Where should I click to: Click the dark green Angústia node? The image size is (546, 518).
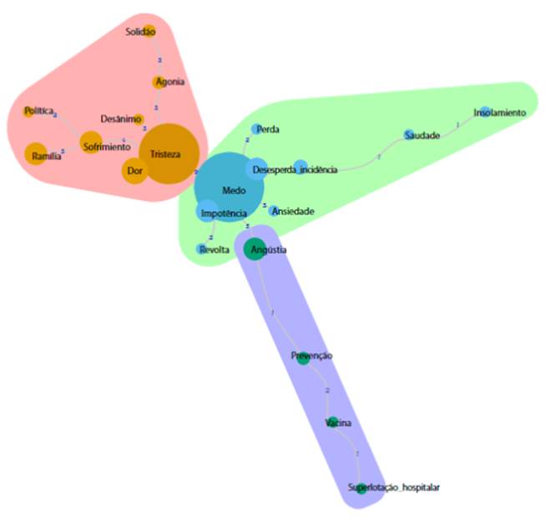(255, 250)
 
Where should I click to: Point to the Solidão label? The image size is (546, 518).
(140, 32)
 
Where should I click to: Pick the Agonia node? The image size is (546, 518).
(161, 82)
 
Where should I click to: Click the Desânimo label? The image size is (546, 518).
(120, 118)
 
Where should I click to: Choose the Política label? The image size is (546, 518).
(39, 110)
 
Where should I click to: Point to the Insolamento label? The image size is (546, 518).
(499, 112)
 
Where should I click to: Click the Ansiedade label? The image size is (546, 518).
(293, 211)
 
